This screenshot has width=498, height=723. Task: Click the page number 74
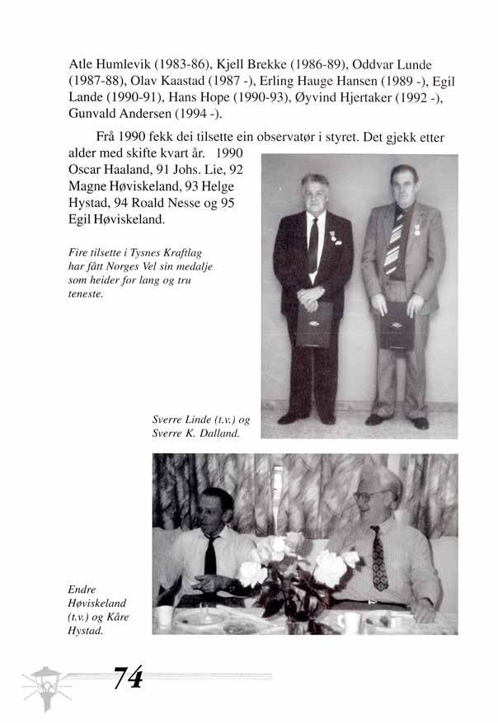(129, 678)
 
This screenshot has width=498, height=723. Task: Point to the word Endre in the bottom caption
(84, 590)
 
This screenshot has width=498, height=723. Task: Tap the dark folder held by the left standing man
(313, 323)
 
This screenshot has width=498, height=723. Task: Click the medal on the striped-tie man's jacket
(416, 232)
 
